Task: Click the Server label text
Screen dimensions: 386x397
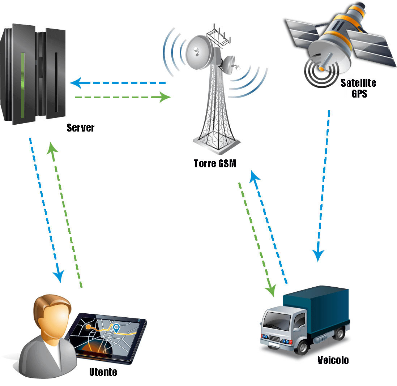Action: [80, 128]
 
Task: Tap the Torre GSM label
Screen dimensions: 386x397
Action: [215, 163]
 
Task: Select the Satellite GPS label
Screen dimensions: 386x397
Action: [358, 88]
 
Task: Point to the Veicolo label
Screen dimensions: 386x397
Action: [333, 360]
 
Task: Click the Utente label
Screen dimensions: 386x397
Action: [103, 372]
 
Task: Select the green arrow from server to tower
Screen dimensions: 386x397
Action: [123, 97]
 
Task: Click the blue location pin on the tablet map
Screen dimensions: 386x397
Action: [116, 328]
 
